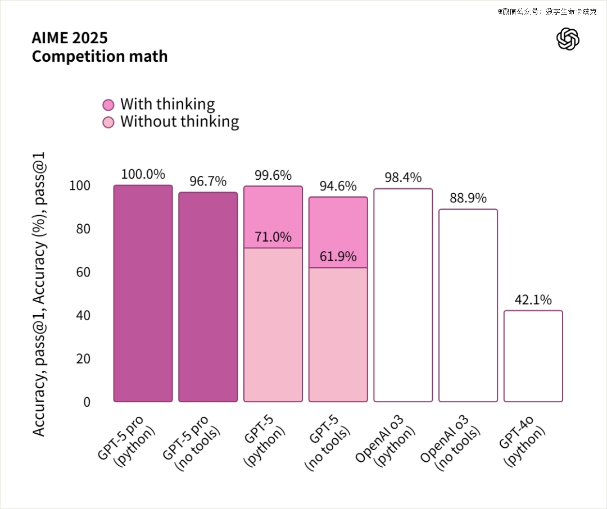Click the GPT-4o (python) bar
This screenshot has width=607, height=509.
point(533,356)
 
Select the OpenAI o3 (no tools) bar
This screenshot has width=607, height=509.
point(468,306)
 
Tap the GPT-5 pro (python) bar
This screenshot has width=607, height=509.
point(143,293)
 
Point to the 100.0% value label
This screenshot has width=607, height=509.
point(143,174)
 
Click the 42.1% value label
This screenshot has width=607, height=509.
point(533,300)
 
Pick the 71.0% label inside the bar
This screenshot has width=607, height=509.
point(273,237)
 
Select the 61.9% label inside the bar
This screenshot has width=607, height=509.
point(338,257)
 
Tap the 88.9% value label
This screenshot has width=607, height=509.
point(468,198)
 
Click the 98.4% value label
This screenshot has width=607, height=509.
point(403,178)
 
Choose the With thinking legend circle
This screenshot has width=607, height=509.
point(109,105)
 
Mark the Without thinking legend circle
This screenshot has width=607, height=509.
point(109,122)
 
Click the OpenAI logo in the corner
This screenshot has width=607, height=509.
point(568,39)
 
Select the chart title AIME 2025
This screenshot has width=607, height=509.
point(70,38)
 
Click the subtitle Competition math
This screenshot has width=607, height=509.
point(99,56)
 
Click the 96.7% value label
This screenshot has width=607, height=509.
point(208,181)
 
